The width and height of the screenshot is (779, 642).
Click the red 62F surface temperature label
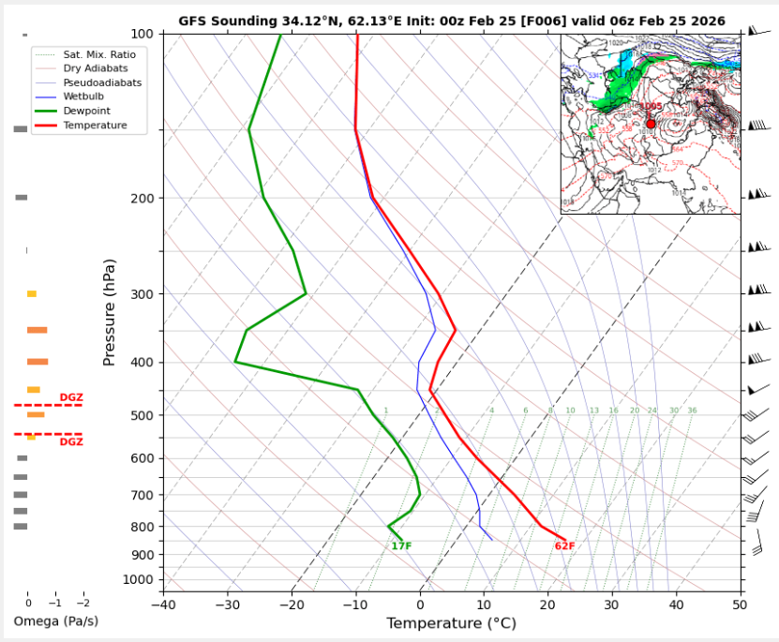point(564,546)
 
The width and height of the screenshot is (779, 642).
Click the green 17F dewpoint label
point(401,546)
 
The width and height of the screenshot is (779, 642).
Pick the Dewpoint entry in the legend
point(87,111)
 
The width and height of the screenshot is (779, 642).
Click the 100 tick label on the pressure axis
point(143,34)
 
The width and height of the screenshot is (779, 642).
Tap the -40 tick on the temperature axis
point(163,604)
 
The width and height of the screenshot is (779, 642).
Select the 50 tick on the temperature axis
point(741,604)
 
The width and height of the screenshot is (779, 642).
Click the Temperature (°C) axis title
point(452,623)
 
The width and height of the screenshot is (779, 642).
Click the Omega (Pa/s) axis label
point(55,621)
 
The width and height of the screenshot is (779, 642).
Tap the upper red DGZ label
point(71,397)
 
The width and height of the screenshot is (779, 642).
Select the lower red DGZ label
point(71,441)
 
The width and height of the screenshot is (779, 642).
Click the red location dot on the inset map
point(651,124)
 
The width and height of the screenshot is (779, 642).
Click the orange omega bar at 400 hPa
point(37,362)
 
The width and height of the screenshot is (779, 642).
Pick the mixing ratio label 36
point(692,411)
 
